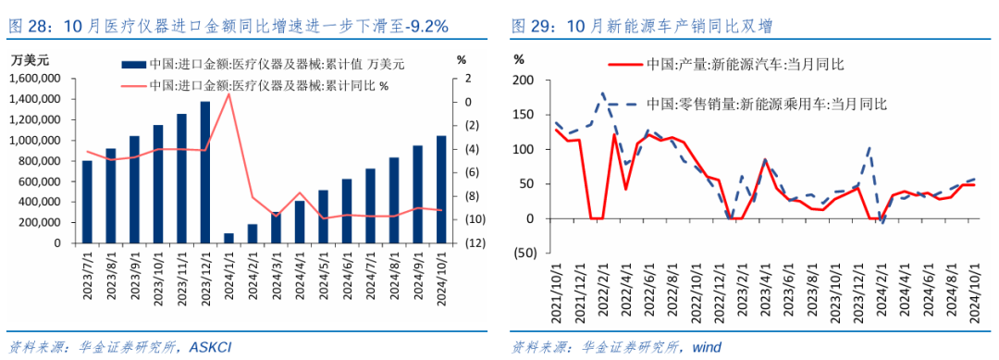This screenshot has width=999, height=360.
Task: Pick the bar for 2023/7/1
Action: (x=87, y=202)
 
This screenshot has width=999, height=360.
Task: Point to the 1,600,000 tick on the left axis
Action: (x=35, y=78)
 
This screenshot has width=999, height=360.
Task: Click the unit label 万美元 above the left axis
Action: (x=31, y=59)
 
